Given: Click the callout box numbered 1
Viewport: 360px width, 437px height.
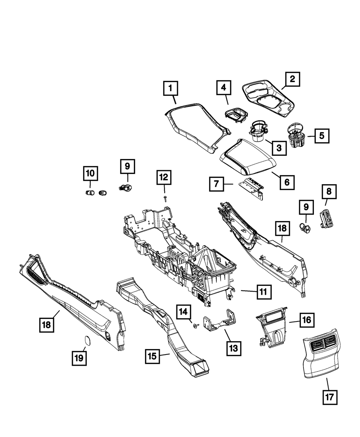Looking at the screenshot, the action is [171, 88].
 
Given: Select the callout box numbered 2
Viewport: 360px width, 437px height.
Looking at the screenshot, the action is [292, 79].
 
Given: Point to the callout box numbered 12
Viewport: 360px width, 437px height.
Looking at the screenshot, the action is [164, 177].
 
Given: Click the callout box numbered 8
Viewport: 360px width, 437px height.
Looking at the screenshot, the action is [329, 192].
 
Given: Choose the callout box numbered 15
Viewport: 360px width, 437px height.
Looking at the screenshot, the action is [152, 356].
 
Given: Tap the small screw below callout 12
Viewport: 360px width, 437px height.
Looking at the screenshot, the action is [165, 199].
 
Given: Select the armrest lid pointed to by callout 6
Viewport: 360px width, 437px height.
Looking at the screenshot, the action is [248, 156].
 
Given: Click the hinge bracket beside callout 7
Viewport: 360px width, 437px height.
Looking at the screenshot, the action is [251, 189].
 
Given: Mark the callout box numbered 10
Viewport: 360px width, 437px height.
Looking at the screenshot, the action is [90, 173].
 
